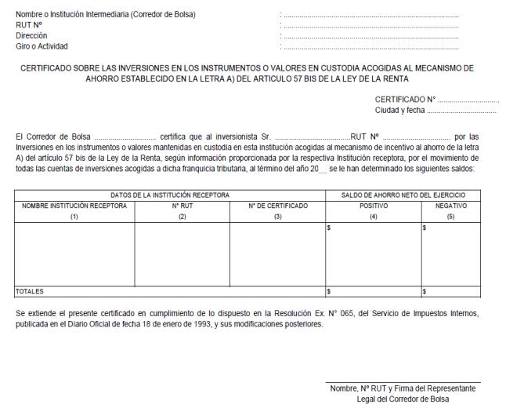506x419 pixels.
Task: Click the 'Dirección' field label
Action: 31,35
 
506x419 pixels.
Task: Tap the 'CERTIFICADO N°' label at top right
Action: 406,100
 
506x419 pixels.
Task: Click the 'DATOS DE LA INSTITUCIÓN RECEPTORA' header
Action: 169,193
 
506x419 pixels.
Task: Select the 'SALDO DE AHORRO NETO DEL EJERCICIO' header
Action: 403,193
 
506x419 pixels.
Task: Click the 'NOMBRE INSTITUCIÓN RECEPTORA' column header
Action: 74,204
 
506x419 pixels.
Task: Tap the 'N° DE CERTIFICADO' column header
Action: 277,204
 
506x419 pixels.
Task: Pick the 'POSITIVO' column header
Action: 373,204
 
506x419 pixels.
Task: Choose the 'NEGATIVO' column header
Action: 451,204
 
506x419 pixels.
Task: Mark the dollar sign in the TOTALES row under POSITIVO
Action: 328,291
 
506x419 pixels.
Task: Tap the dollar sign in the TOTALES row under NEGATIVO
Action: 425,291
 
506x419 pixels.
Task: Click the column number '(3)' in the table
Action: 277,215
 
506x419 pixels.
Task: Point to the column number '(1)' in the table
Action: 74,215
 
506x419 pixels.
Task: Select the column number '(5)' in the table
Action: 451,215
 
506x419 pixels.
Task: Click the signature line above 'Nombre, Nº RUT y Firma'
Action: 403,383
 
